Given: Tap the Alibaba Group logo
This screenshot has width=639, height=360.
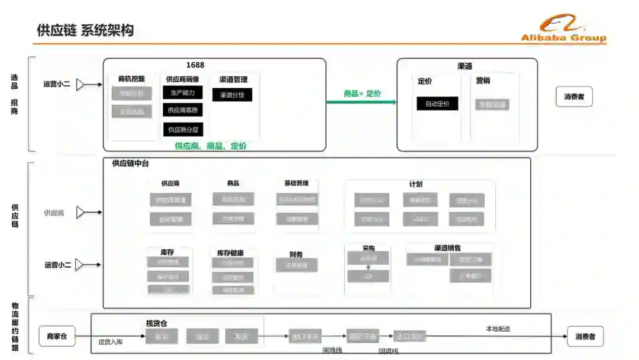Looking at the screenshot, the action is [563, 29].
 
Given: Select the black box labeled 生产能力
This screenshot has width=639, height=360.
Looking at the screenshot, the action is [183, 92].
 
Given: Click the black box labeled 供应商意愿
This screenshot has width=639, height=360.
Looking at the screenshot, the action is [183, 110].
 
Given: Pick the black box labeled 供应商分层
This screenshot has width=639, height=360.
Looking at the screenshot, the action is [183, 130].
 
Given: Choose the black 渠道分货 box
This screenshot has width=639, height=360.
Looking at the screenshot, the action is [232, 95].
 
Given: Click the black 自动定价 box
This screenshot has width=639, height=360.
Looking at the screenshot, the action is [437, 104].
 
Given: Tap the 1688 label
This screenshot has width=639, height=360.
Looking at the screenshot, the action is [195, 65].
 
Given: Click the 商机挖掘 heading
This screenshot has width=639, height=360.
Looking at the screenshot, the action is [131, 79].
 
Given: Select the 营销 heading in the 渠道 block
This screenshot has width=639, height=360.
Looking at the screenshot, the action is [483, 81].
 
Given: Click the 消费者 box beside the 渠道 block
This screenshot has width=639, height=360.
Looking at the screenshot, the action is [573, 97].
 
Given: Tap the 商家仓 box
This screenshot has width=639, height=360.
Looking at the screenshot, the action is [57, 337].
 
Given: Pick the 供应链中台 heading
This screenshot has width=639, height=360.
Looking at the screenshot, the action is [131, 163].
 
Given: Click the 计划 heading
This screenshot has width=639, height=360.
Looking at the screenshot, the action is [415, 184].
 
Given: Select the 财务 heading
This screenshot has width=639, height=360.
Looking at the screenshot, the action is [296, 255].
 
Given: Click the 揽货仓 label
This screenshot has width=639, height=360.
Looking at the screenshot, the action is [157, 323].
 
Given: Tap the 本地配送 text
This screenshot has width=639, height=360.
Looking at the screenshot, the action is [498, 329].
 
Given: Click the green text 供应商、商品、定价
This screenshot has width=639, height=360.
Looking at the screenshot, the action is [211, 146].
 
